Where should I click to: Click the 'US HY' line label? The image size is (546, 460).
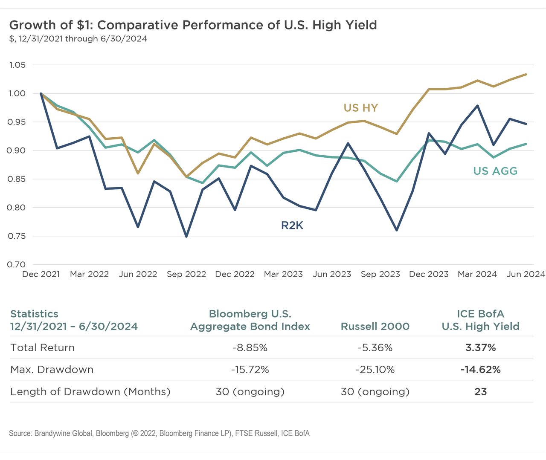361,108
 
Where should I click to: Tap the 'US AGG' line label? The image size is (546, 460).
495,171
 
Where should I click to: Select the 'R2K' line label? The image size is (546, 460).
292,226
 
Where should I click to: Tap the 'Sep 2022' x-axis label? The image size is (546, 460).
186,274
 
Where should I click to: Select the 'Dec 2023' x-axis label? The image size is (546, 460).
429,274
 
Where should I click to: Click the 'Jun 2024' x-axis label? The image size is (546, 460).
526,274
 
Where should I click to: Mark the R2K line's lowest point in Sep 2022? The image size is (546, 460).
186,237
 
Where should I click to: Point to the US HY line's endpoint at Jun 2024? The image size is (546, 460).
526,74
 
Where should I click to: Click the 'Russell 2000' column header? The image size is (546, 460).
375,327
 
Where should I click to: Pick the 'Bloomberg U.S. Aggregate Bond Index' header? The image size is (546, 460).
250,320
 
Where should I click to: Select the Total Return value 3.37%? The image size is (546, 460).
480,348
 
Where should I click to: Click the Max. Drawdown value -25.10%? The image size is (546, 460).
375,370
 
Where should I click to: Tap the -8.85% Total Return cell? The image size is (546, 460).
250,348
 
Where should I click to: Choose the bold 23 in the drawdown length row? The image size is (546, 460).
480,392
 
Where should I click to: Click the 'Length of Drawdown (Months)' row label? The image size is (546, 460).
90,392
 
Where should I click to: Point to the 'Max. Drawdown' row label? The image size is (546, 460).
52,370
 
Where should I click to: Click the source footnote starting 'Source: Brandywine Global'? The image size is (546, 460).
159,434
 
